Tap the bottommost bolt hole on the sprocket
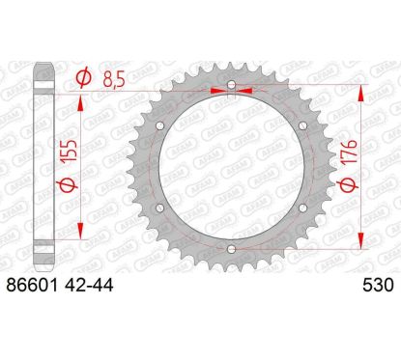pos(231,250)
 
